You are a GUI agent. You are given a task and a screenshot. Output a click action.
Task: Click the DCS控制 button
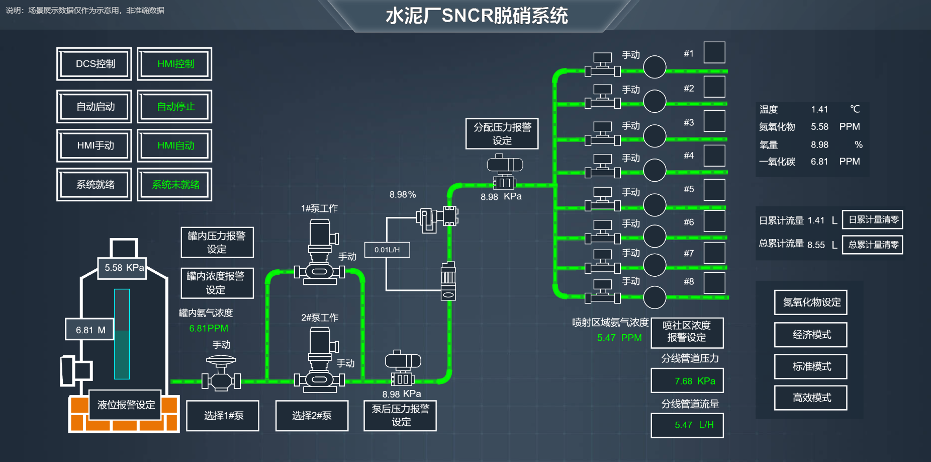point(95,64)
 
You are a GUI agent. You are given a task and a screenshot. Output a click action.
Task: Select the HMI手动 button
point(95,145)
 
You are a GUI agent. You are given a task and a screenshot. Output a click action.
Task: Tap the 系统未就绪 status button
point(175,185)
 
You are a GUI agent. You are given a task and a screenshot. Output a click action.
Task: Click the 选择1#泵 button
point(223,416)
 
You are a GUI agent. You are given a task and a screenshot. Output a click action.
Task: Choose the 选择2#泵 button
point(312,416)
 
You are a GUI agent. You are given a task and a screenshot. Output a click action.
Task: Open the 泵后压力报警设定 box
point(400,416)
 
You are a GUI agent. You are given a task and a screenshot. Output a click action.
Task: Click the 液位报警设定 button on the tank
point(126,405)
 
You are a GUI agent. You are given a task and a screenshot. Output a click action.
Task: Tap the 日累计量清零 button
point(873,219)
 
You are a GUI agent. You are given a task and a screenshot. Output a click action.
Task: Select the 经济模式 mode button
point(811,335)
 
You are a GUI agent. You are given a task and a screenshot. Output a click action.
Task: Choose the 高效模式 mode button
point(811,398)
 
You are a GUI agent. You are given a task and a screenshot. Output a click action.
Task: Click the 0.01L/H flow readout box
point(387,250)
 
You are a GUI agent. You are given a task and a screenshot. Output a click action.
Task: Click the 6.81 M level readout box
point(90,330)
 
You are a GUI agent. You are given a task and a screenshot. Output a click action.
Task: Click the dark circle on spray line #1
point(655,67)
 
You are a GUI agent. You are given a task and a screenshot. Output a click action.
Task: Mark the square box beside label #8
point(714,282)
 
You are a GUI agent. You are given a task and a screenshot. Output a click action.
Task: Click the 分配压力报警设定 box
point(502,134)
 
